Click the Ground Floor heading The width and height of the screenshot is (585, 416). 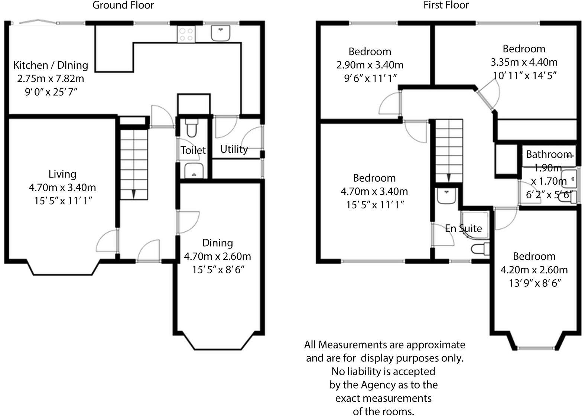point(123,5)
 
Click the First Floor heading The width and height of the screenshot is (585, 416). point(446,5)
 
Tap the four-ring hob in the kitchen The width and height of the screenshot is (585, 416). point(186,35)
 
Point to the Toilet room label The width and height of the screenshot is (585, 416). point(193,150)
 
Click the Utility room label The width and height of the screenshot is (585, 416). point(234,149)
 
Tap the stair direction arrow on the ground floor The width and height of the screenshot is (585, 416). point(134,194)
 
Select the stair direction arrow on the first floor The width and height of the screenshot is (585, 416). point(449,177)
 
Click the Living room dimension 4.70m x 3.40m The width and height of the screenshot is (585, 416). point(62,188)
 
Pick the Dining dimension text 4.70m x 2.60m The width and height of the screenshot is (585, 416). point(217,256)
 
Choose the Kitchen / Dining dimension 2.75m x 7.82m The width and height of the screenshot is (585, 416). point(51,79)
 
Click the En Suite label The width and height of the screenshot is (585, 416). point(463,228)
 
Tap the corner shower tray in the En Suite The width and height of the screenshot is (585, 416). point(475,225)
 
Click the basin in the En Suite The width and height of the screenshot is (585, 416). point(446,196)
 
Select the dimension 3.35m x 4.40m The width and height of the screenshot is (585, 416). point(524,62)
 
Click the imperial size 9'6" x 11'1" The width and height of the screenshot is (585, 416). point(370,78)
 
